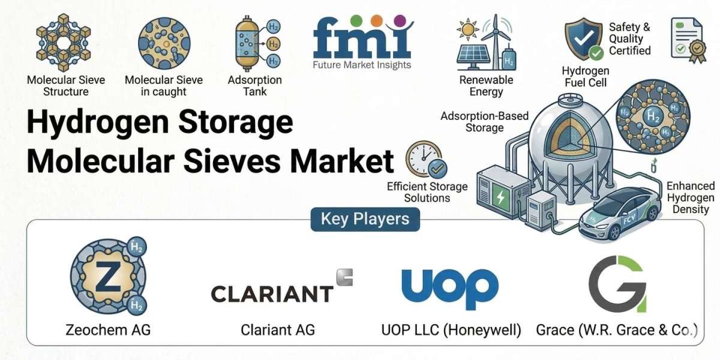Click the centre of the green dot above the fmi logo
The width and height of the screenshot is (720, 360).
tap(356, 20)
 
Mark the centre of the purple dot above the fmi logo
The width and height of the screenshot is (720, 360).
tap(400, 20)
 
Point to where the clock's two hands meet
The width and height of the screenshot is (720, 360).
tap(424, 158)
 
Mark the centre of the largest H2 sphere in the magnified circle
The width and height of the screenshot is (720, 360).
tap(653, 116)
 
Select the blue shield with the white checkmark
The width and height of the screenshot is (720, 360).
tap(583, 38)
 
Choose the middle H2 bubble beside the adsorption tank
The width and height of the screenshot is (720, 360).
tap(273, 44)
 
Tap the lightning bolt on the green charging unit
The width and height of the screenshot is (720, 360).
tap(500, 197)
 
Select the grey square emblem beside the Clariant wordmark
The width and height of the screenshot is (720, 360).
tap(344, 277)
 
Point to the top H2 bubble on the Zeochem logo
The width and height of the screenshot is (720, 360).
tap(137, 247)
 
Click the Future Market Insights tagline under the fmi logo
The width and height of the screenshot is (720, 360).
tap(362, 65)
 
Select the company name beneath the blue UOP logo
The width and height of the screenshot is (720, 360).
tap(451, 330)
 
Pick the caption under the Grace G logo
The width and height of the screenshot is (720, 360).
tap(617, 330)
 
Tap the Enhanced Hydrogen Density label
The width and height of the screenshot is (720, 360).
tap(691, 197)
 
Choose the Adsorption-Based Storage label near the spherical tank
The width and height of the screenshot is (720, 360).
tap(484, 122)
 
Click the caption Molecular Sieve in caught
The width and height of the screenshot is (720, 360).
tap(164, 85)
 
